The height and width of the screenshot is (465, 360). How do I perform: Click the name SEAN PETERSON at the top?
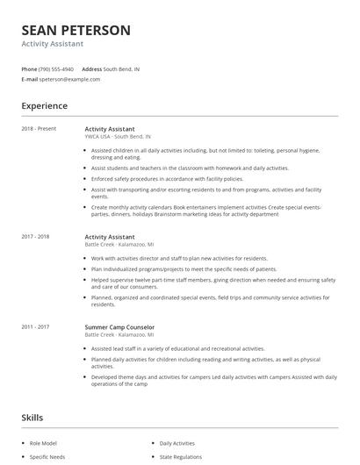pos(76,31)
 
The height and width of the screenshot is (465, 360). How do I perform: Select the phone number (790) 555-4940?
pos(57,68)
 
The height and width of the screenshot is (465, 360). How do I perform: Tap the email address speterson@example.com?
pos(70,79)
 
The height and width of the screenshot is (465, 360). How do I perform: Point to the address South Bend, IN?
pos(121,68)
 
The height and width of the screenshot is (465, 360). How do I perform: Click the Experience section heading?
pos(44,106)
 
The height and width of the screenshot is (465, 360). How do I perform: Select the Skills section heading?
pos(33,417)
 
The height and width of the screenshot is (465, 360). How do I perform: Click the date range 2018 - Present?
pos(39,129)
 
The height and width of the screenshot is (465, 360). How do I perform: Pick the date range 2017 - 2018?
pos(36,236)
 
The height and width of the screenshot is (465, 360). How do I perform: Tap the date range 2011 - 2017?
pos(36,327)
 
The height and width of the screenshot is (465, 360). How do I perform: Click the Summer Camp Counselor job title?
pos(119,327)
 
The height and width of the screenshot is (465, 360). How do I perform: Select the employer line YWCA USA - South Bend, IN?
pos(118,137)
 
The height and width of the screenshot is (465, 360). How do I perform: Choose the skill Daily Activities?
pos(177,443)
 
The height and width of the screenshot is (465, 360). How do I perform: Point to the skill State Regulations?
pos(179,457)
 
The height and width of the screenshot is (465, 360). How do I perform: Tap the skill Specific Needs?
pos(48,457)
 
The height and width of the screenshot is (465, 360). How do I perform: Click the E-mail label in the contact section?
pos(29,79)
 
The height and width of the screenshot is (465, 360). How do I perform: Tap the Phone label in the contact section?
pos(29,68)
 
